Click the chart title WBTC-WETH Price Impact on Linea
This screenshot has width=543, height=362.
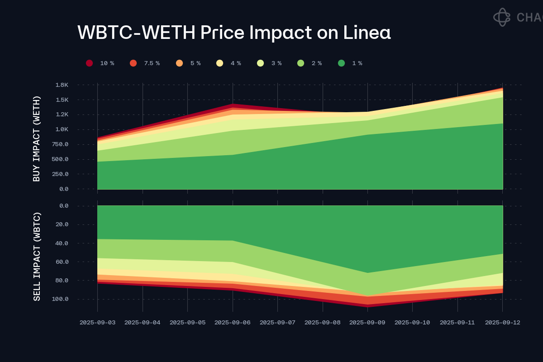pos(234,33)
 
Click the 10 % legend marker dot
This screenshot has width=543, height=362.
pos(90,63)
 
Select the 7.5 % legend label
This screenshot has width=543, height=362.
pos(152,63)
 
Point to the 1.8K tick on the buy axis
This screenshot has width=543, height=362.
pos(62,85)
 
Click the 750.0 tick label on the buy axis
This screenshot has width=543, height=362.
pos(59,144)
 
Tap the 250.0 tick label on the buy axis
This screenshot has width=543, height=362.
pos(59,174)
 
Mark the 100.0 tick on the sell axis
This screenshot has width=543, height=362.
pos(59,299)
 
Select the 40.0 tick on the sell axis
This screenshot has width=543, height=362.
pos(61,243)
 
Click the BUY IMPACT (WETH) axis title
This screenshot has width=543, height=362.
pos(37,138)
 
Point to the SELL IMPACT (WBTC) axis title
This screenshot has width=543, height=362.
pos(37,256)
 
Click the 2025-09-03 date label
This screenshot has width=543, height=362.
pos(97,323)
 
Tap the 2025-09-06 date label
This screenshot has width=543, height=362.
pos(232,323)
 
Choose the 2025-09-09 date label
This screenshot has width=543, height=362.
pos(367,323)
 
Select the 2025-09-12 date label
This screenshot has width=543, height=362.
pos(502,323)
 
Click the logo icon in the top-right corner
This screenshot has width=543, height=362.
pos(501,17)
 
